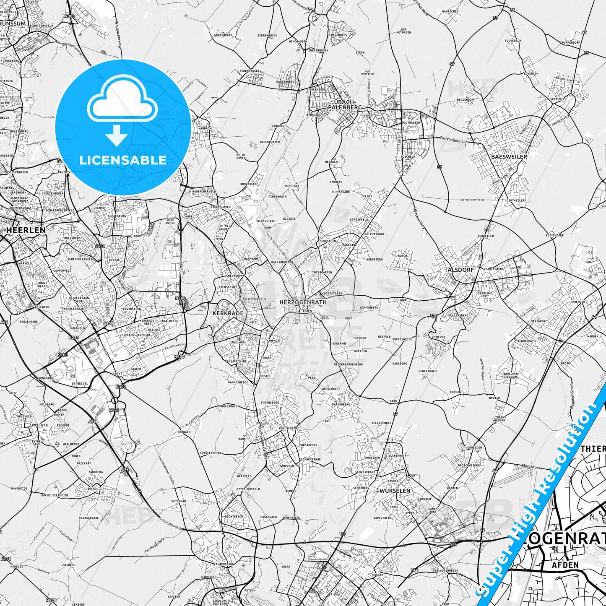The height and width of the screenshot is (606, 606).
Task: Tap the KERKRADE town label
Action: click(x=228, y=313)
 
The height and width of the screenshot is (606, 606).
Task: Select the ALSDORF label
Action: click(x=460, y=270)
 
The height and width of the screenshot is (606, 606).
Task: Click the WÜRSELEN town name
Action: click(x=395, y=490)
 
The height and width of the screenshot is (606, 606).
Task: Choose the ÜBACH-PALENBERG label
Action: click(x=345, y=105)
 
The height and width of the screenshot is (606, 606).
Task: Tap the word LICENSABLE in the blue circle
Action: click(x=123, y=160)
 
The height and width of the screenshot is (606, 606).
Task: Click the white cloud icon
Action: click(x=122, y=101)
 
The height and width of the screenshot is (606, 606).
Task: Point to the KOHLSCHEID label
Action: click(x=288, y=428)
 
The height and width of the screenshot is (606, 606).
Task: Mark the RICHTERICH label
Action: click(x=234, y=517)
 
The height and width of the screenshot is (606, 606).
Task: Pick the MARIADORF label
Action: click(x=539, y=321)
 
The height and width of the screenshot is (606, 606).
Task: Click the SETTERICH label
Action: click(x=558, y=99)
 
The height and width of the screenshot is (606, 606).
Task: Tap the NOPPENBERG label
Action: click(x=369, y=307)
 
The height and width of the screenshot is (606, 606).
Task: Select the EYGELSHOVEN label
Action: click(x=220, y=207)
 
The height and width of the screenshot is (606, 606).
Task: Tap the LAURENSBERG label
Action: click(x=223, y=564)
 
